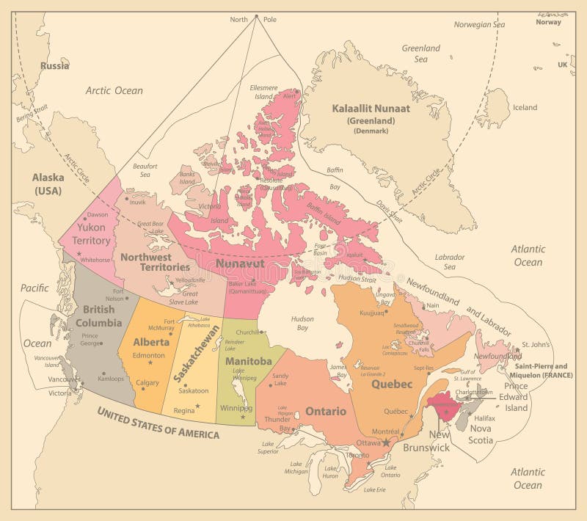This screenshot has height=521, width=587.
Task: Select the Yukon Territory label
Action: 92,234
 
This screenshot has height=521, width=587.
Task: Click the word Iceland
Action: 525,107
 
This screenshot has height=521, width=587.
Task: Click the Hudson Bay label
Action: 302,324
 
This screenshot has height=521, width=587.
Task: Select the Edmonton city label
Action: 149,356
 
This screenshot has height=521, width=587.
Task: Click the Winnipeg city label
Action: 236,408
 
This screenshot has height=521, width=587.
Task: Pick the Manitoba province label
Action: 249,362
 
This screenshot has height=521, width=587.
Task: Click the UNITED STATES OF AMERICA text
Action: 158,423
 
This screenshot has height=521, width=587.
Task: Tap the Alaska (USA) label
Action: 48,183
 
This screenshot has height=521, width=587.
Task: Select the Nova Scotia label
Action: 481,434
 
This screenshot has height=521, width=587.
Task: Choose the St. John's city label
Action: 536,343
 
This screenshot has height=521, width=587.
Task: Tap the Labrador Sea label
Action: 450,262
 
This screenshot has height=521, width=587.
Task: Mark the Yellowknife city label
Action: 191,280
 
